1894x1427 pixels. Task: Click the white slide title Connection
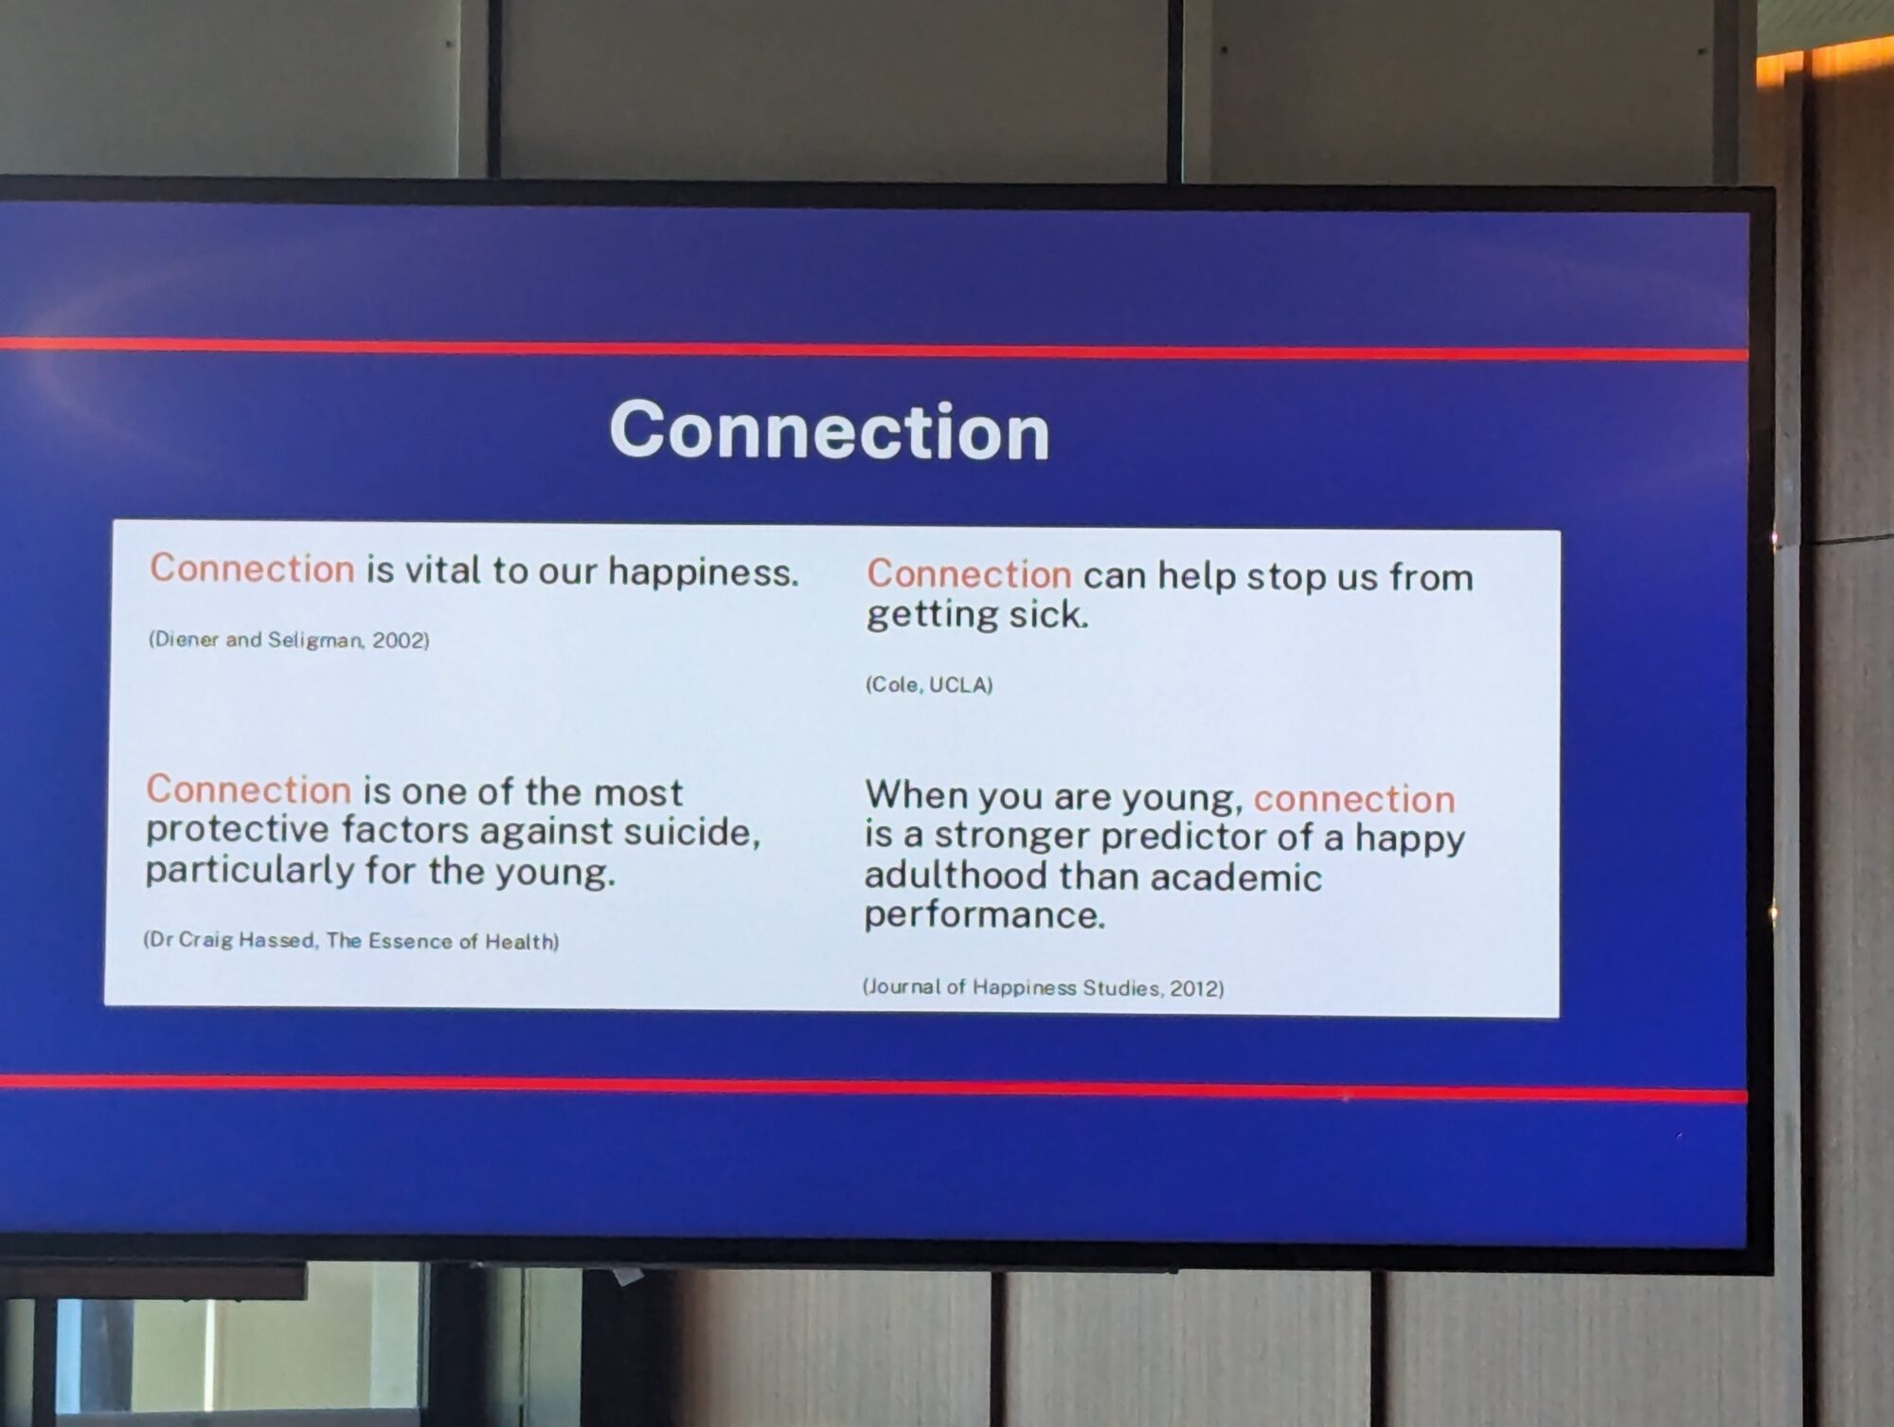830,430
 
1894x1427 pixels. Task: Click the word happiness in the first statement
703,573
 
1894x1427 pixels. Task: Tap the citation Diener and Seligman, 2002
289,640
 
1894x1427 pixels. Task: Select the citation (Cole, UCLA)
929,684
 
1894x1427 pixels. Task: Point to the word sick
1048,615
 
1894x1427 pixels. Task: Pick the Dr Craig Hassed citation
351,940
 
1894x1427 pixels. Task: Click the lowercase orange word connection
1354,799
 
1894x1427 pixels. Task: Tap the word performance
984,915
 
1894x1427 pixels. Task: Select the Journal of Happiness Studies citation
1043,987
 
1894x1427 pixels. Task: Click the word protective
237,830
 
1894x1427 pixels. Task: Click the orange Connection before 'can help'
970,574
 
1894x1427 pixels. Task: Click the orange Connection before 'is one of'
249,789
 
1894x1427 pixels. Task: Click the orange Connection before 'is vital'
252,569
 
